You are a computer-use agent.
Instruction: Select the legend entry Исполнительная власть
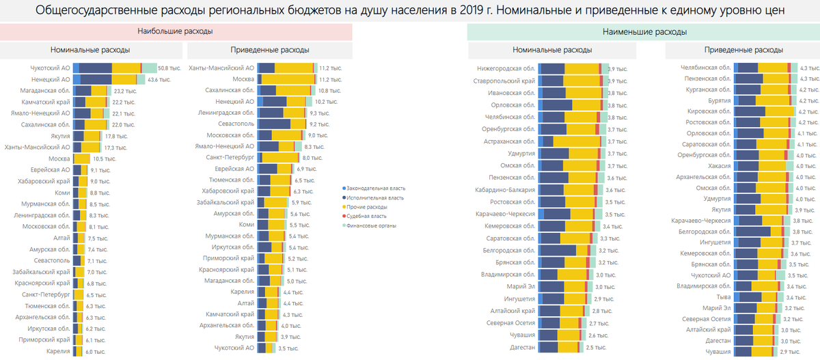coord(376,197)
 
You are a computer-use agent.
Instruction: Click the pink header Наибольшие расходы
coord(175,32)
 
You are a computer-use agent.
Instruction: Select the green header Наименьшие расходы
coord(644,32)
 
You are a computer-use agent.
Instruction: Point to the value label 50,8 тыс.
coord(167,68)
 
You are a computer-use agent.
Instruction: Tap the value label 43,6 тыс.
coord(159,80)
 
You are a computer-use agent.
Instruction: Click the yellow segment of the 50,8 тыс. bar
coord(126,68)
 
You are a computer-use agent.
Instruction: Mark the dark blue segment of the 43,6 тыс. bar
coord(95,79)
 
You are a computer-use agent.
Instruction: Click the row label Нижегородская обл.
coord(506,68)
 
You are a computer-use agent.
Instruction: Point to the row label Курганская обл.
coord(707,89)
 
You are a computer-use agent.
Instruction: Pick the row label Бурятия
coord(720,100)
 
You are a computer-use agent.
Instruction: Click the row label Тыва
coord(724,297)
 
